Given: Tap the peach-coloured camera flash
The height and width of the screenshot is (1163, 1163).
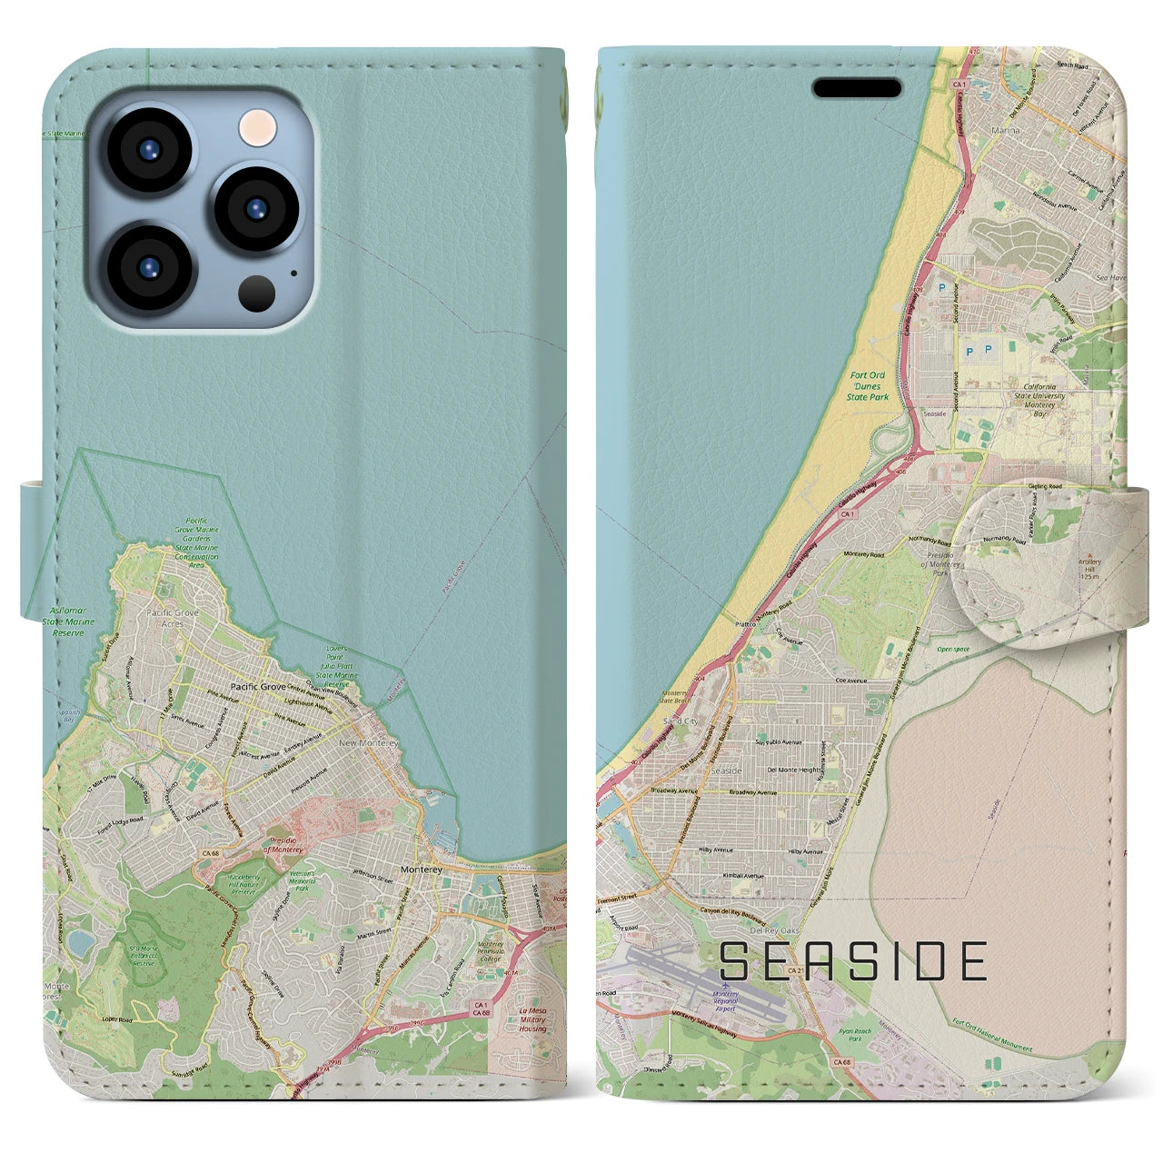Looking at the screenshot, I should (x=257, y=125).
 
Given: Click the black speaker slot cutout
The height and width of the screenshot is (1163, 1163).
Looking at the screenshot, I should (x=856, y=88).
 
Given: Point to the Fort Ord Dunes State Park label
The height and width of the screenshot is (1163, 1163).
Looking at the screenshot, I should (x=867, y=386).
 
